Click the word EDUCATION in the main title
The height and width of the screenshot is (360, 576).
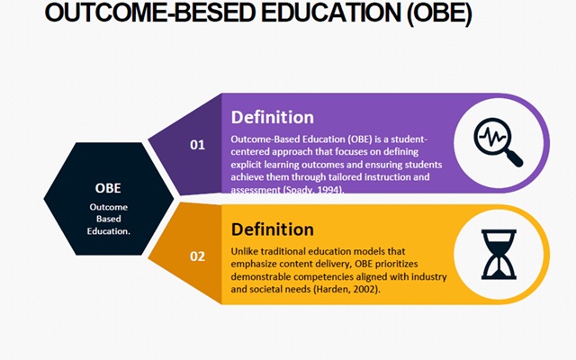point(331,13)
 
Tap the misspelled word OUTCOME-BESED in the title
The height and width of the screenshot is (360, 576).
point(150,13)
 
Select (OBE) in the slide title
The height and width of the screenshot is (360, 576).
point(439,13)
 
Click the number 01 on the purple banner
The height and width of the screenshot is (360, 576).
point(197,145)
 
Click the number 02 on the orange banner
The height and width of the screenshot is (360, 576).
point(197,256)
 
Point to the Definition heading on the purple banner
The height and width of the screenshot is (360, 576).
point(273,118)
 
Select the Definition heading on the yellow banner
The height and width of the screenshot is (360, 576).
point(273,229)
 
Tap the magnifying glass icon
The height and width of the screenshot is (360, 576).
point(498,142)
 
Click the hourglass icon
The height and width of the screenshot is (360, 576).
point(499,255)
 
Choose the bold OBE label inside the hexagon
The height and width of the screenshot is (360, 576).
point(108,188)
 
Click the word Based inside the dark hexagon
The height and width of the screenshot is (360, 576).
point(108,219)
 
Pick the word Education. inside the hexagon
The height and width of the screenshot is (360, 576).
point(108,231)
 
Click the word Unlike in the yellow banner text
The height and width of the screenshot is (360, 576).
point(243,252)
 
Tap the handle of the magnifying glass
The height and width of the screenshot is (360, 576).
point(514,159)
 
